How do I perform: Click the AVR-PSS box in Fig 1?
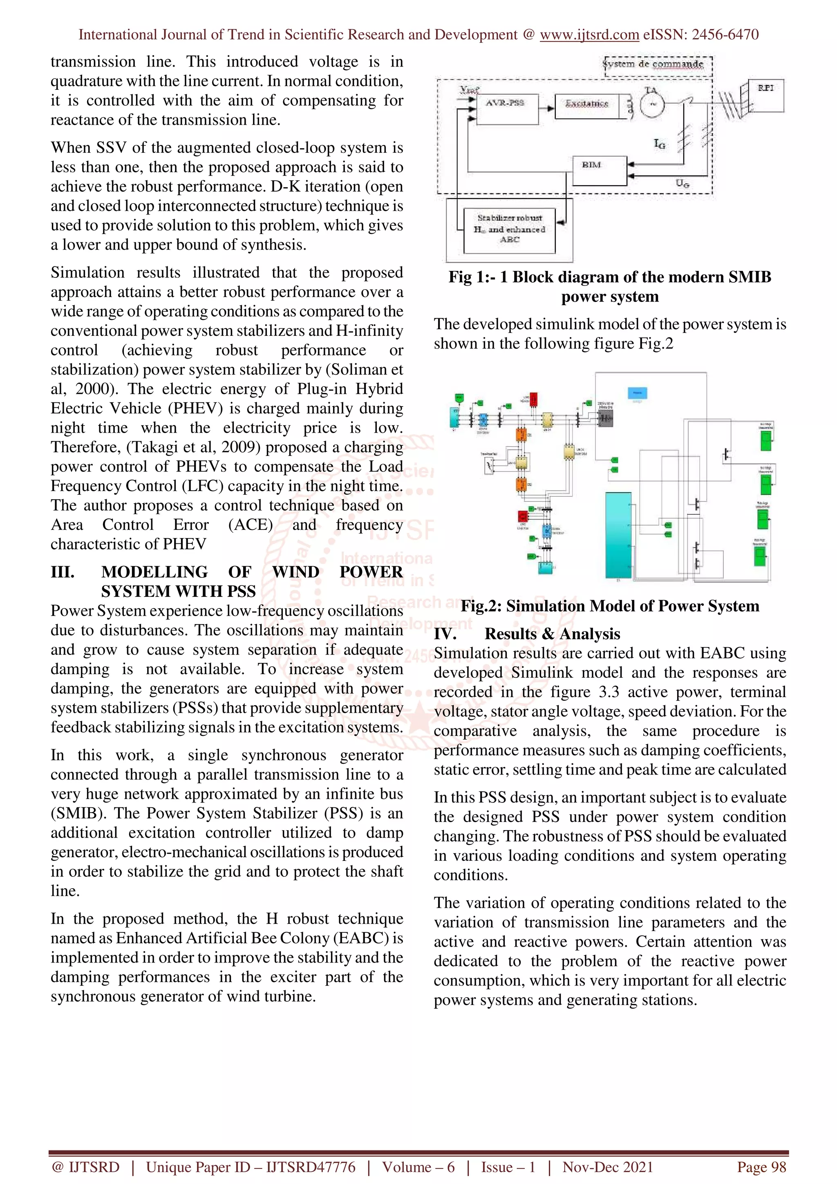tap(506, 109)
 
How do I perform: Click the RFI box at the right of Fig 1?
tap(765, 96)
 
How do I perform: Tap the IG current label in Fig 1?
tap(660, 144)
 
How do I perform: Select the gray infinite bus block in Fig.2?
tap(605, 419)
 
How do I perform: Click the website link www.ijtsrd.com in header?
tap(589, 35)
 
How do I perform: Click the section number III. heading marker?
tap(63, 572)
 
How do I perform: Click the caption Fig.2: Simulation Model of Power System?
tap(610, 605)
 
